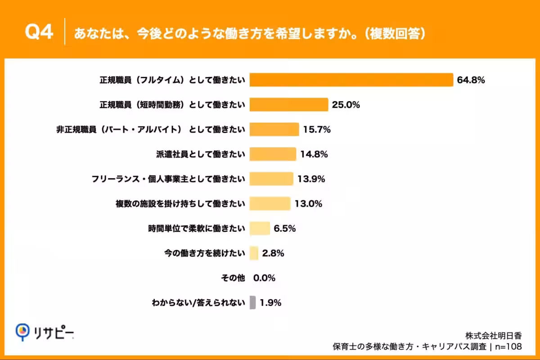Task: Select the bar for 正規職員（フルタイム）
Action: [351, 80]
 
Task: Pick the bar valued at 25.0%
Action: [288, 105]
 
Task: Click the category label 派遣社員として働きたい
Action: [200, 154]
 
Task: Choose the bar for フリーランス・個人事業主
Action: [271, 179]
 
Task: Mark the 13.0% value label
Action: [308, 204]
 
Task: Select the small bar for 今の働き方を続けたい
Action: [254, 253]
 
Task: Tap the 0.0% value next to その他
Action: [264, 278]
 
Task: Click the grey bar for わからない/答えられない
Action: [252, 303]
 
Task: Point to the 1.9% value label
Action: [270, 303]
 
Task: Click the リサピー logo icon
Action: [22, 332]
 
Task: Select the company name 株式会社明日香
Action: [494, 336]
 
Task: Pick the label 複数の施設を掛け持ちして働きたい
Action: [180, 204]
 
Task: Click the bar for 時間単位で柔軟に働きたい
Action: [260, 229]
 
